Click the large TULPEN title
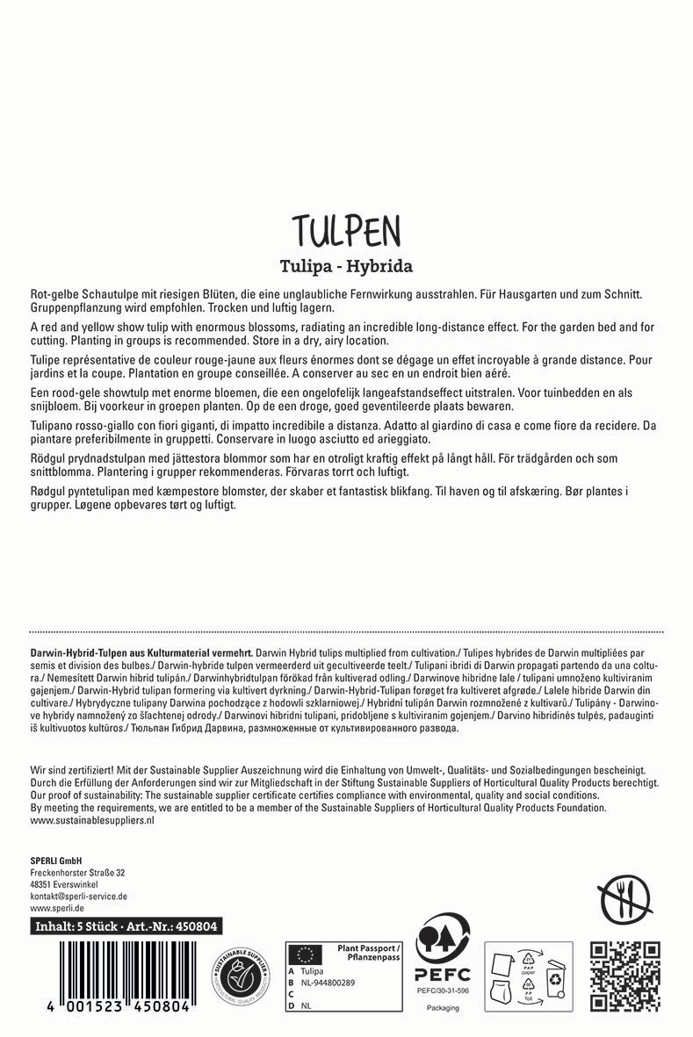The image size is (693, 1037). (346, 230)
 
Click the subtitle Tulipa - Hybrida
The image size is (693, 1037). (346, 264)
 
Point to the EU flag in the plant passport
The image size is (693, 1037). (307, 954)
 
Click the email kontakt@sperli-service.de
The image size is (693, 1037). (79, 897)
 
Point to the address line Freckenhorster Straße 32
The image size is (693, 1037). (77, 873)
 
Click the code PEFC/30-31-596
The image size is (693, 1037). (443, 990)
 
